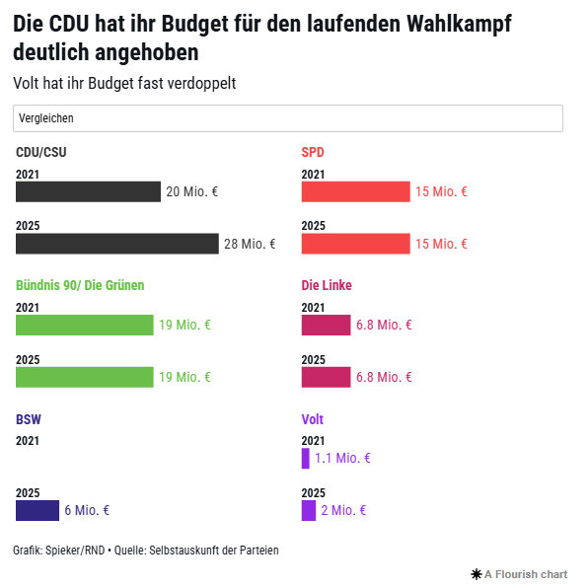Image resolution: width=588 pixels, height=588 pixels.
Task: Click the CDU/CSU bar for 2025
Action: [x=116, y=244]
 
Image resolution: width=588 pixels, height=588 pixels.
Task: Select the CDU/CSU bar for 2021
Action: [x=88, y=191]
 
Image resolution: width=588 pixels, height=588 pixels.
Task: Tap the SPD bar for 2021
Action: [x=355, y=191]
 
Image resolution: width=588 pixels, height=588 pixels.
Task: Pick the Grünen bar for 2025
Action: [x=85, y=377]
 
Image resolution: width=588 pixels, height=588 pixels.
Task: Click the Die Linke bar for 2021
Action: [x=326, y=325]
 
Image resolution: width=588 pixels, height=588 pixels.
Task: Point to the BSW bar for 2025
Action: [x=37, y=510]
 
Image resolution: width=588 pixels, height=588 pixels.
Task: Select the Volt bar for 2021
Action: [x=306, y=458]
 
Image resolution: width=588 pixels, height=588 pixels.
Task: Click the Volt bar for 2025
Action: [x=309, y=510]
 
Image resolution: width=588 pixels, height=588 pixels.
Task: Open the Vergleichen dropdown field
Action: [x=287, y=118]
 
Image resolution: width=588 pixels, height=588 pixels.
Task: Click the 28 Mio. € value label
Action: [x=250, y=244]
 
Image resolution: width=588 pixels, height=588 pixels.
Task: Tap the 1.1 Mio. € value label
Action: [x=342, y=458]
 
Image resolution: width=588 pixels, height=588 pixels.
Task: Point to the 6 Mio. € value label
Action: [x=87, y=510]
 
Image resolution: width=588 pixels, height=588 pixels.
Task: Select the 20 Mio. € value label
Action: [x=191, y=191]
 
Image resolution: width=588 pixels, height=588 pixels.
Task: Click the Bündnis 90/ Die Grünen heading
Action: [x=87, y=285]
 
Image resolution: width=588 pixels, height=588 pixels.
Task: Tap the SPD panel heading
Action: [x=313, y=152]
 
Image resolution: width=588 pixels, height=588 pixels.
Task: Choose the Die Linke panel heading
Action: [x=327, y=285]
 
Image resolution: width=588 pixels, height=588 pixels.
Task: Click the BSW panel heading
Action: [x=29, y=419]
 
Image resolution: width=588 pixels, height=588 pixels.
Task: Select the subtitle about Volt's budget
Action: [x=124, y=83]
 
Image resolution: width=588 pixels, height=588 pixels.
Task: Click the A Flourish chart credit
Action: [x=520, y=574]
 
